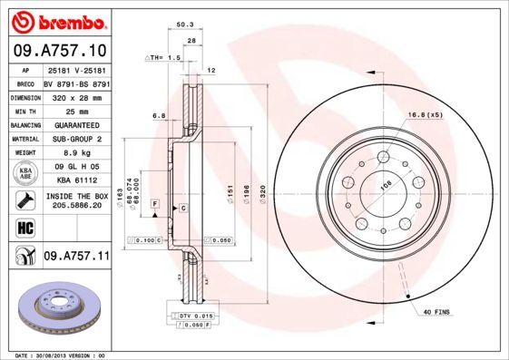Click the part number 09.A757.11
(x=76, y=257)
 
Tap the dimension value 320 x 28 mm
(x=75, y=95)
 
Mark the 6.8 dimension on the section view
(x=158, y=115)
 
